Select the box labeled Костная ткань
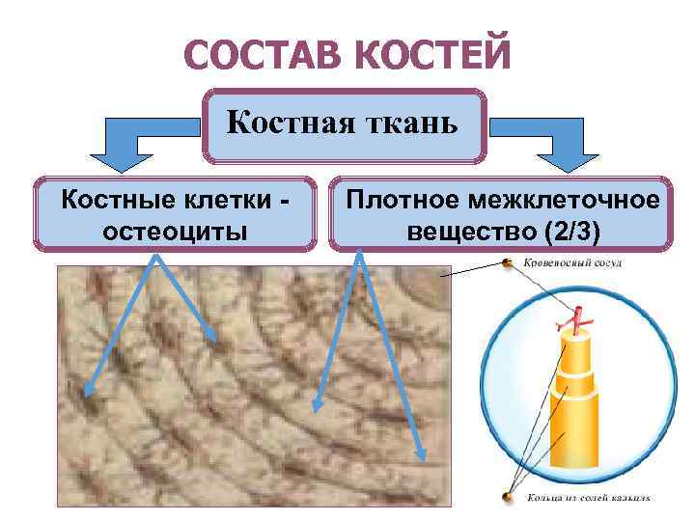point(346,125)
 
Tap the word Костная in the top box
point(289,123)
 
